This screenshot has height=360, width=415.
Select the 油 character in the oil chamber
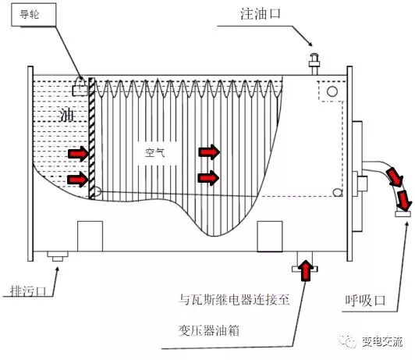[x=66, y=116]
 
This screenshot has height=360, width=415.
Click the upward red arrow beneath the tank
[x=305, y=270]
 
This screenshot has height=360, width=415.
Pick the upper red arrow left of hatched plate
[x=78, y=152]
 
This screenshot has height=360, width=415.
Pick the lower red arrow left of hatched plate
[x=78, y=180]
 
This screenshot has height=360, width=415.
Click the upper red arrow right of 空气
[x=209, y=149]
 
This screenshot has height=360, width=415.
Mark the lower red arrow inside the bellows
[x=209, y=177]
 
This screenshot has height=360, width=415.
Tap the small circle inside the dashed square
[x=333, y=91]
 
